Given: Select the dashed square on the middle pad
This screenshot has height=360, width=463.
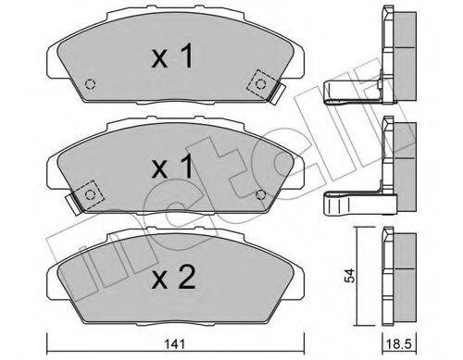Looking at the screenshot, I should pos(88,192).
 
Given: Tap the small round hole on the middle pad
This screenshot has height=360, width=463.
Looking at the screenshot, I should pos(260,192).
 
